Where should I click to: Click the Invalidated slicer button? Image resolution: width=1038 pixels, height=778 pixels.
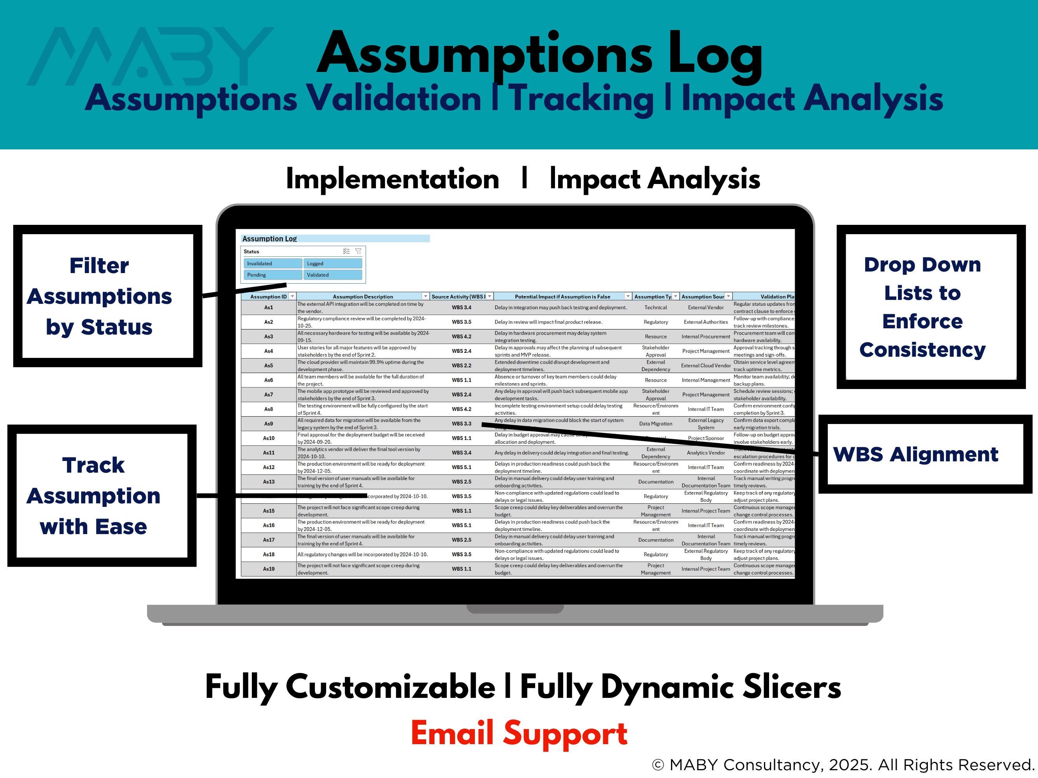coord(272,264)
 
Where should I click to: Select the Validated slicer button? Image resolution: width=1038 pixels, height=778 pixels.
coord(332,275)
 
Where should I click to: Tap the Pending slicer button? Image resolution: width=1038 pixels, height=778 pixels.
coord(272,275)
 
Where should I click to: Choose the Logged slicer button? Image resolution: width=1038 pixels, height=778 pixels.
coord(332,264)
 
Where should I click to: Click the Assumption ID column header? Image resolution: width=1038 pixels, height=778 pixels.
coord(269,296)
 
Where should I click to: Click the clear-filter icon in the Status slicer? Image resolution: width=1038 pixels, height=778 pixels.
coord(358,251)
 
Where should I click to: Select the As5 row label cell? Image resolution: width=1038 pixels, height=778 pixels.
coord(269,365)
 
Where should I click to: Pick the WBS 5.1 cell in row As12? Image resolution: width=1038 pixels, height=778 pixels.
coord(461,467)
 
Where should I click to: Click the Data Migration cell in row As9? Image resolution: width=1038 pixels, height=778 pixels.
coord(655,424)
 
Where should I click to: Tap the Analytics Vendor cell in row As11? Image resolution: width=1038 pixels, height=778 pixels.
coord(706,452)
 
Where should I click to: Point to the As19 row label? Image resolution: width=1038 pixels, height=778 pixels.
coord(269,569)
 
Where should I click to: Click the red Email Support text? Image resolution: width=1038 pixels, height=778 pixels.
coord(519,733)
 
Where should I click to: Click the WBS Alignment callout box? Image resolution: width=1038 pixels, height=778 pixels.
coord(924,454)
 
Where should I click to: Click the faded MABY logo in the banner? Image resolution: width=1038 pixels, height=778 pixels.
coord(150,56)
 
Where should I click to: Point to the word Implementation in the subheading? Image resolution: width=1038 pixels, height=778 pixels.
coord(392,179)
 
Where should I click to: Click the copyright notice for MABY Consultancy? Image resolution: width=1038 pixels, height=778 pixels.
coord(843,765)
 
